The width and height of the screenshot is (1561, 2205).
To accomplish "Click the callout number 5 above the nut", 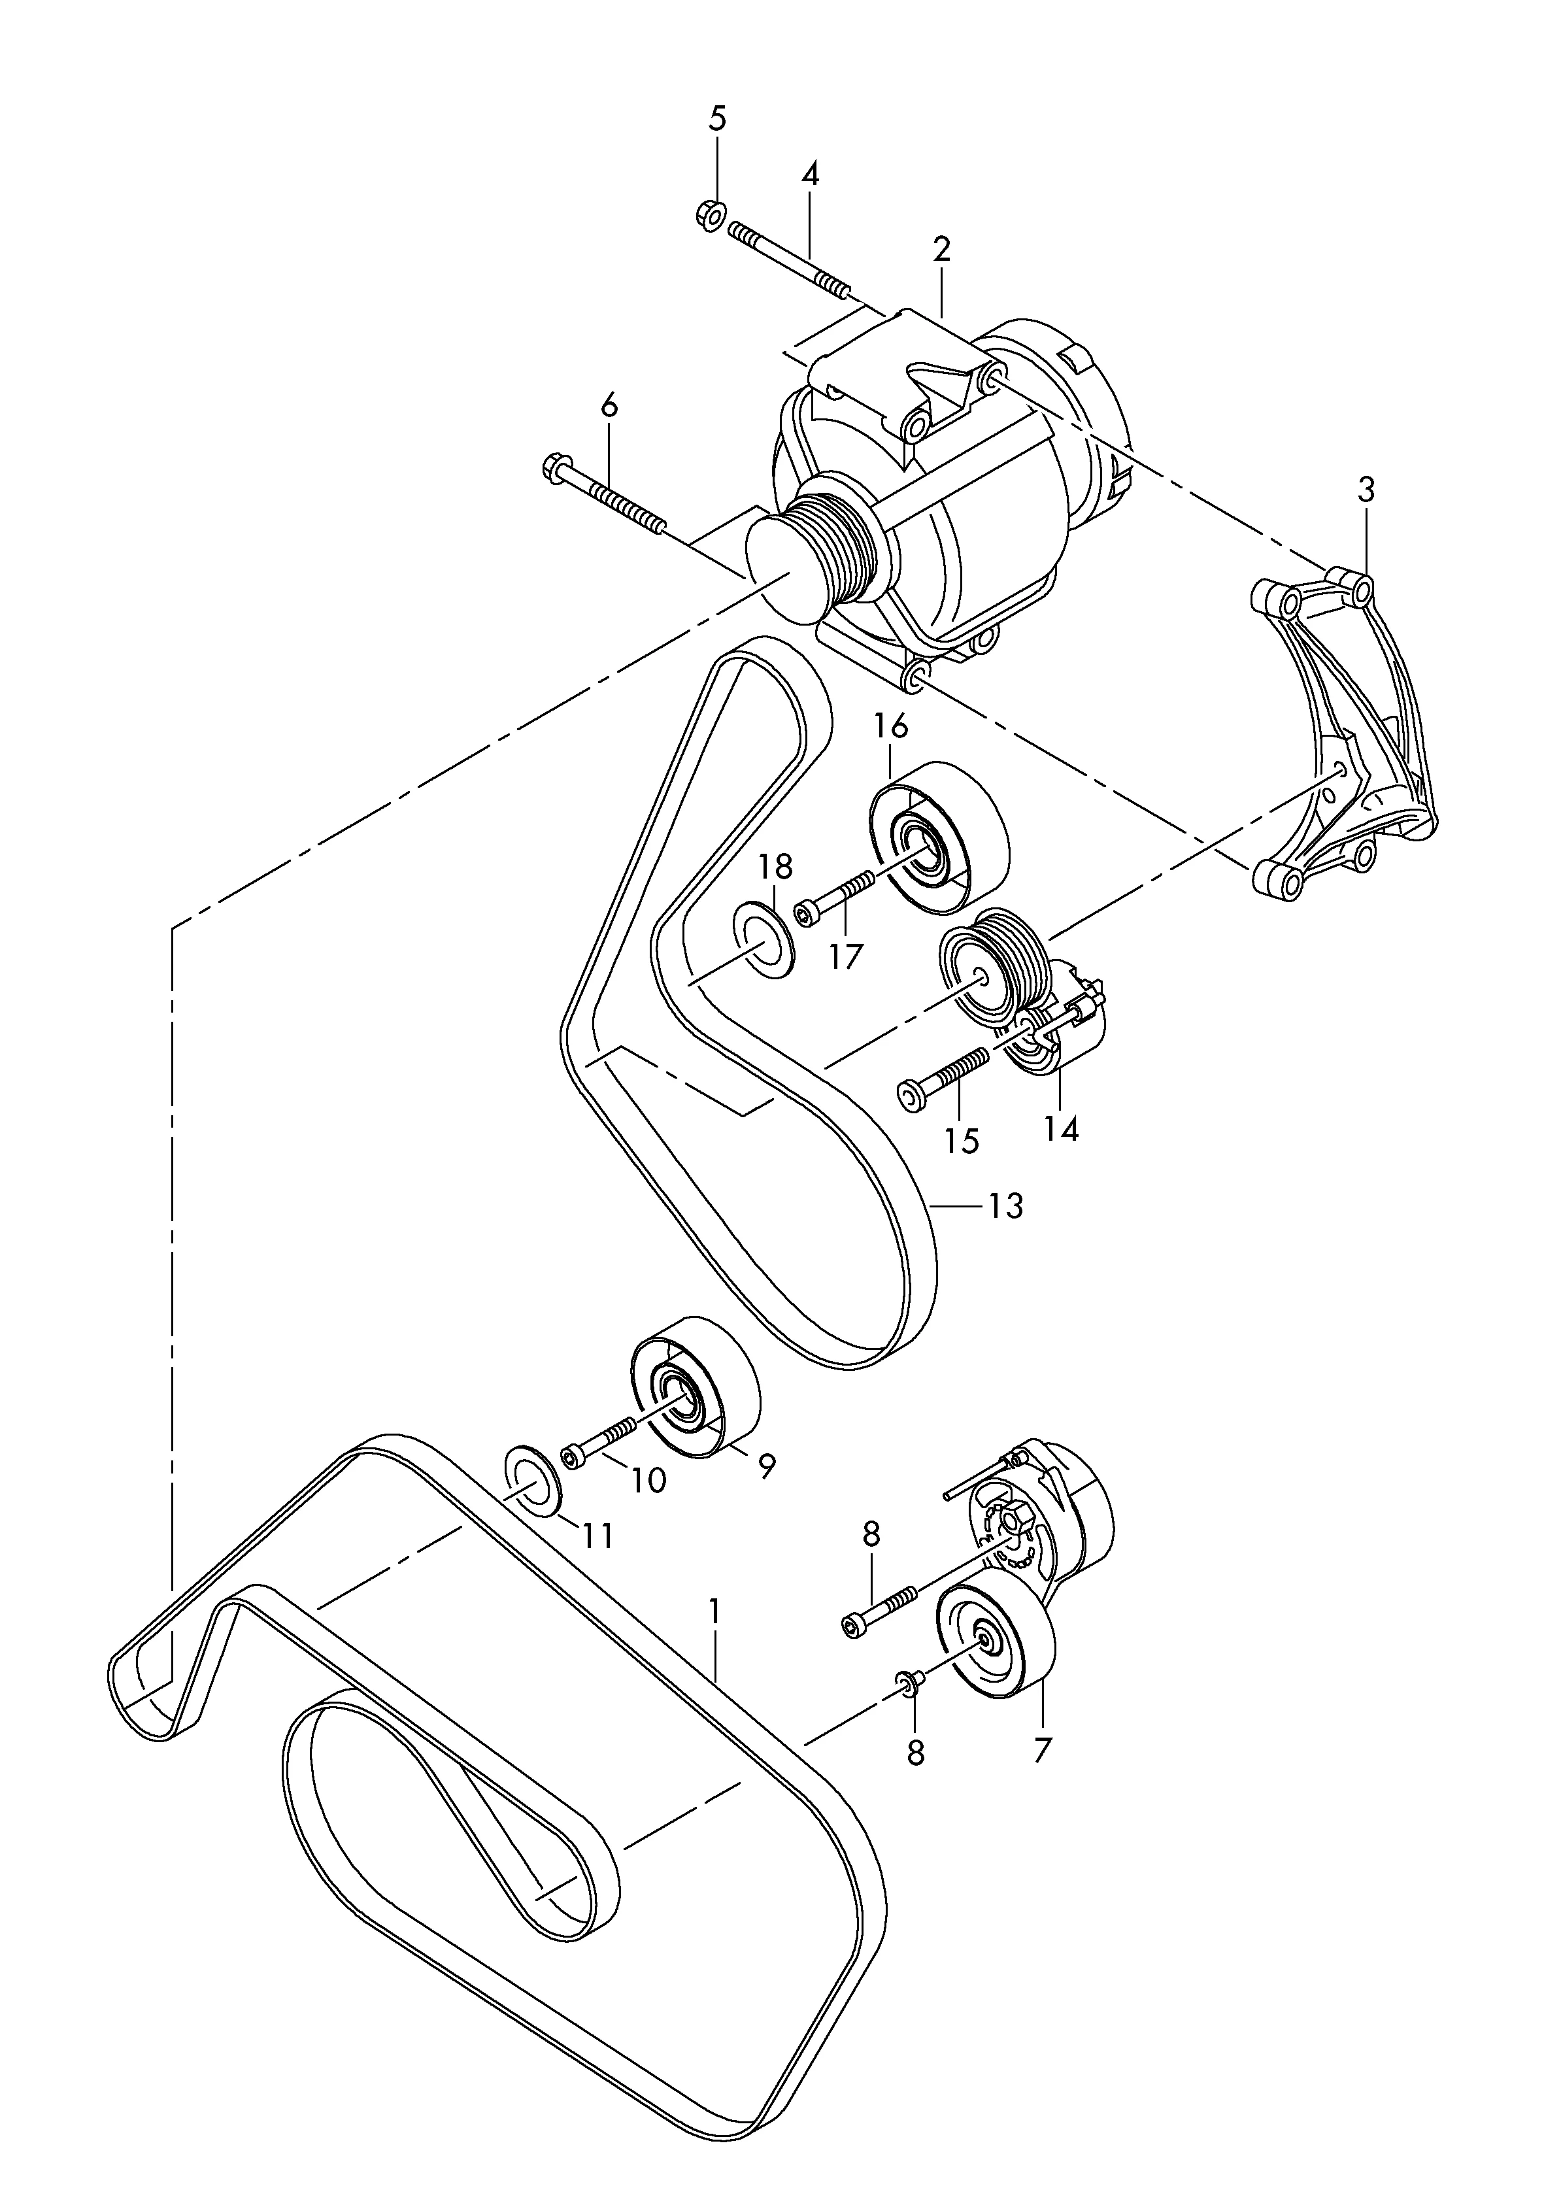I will (717, 119).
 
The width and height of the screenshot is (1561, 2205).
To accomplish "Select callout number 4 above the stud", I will (811, 175).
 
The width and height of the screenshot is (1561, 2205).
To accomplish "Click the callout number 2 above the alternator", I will (941, 249).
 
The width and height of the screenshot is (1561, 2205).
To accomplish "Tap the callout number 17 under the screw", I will (847, 956).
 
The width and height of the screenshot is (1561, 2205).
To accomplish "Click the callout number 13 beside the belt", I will (1005, 1205).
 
